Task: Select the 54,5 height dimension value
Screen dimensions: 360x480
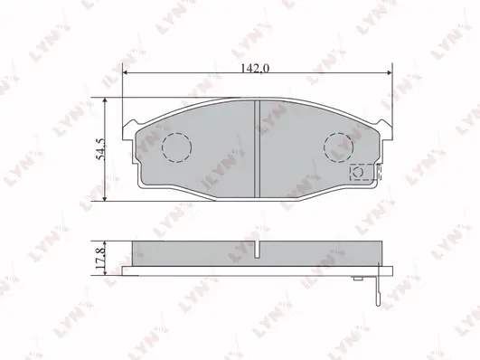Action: pyautogui.click(x=102, y=148)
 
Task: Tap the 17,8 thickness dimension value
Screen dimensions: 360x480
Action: pyautogui.click(x=101, y=254)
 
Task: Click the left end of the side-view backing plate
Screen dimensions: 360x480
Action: pyautogui.click(x=126, y=268)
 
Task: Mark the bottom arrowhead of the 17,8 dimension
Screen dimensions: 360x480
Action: pyautogui.click(x=109, y=268)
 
